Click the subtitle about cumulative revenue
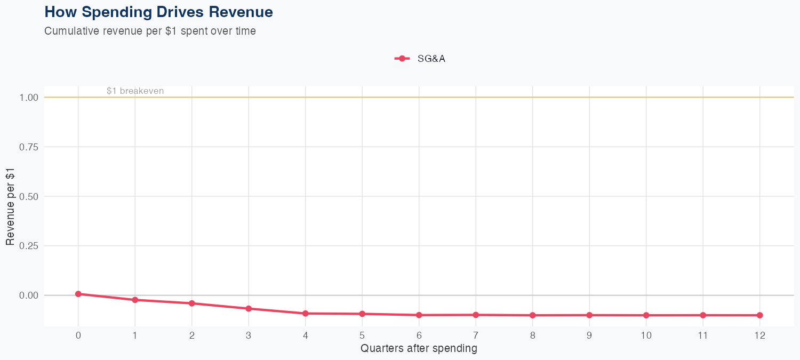[150, 31]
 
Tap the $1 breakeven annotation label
[135, 91]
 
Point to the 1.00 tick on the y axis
[29, 98]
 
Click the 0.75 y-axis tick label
[29, 147]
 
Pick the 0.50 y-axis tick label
[29, 196]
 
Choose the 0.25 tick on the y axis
[29, 246]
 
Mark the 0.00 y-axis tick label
[29, 295]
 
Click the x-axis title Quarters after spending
[419, 349]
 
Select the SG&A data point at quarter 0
[78, 294]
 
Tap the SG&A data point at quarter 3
[249, 309]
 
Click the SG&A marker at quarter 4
[306, 314]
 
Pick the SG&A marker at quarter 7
[476, 315]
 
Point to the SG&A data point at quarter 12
[759, 315]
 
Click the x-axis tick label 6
[419, 335]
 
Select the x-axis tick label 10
[646, 335]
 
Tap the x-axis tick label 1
[135, 335]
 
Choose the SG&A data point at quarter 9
[589, 315]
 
